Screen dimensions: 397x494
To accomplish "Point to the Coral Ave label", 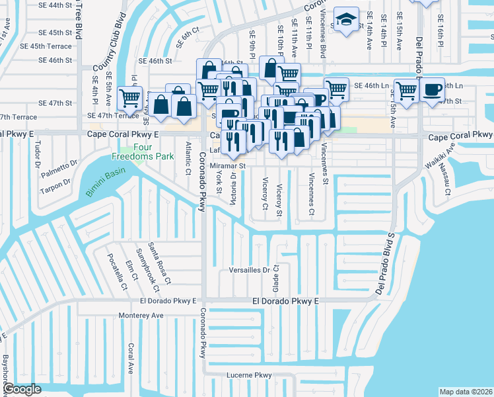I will [131, 359].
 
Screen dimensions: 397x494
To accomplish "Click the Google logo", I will [21, 389].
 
